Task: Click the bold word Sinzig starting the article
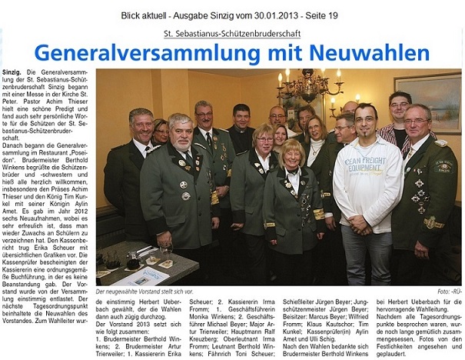pyautogui.click(x=13, y=72)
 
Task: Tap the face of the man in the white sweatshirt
pyautogui.click(x=366, y=122)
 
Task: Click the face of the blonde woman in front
pyautogui.click(x=294, y=153)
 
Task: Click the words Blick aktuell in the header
pyautogui.click(x=144, y=15)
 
